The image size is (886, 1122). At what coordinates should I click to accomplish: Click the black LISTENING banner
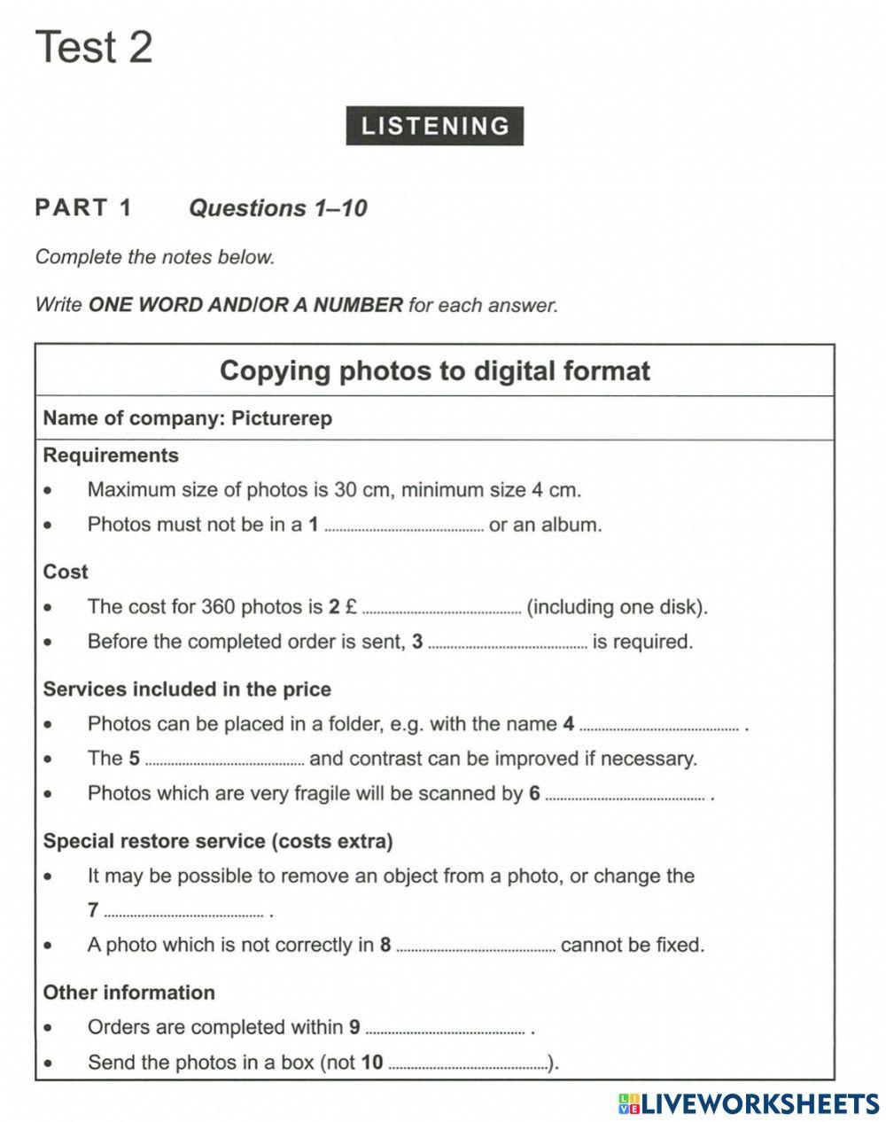tap(434, 126)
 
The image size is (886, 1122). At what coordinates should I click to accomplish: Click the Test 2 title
tap(94, 46)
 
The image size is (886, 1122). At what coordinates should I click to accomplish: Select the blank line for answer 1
tap(404, 525)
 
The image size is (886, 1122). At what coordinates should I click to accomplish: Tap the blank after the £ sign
tap(442, 607)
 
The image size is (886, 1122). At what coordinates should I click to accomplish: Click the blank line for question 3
tap(507, 642)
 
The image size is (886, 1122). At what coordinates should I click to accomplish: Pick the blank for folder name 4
tap(658, 724)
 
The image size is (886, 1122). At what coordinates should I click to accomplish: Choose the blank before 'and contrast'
tap(225, 759)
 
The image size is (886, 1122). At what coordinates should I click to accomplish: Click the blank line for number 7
tap(183, 910)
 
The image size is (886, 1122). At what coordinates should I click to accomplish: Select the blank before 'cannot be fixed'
tap(476, 945)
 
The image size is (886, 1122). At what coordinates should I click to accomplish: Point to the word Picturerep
tap(282, 418)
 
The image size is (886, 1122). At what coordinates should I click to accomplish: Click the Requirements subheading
tap(111, 456)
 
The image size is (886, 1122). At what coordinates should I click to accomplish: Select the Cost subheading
tap(66, 572)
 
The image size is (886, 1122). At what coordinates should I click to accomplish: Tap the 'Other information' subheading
tap(129, 993)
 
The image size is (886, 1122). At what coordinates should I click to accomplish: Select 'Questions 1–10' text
tap(278, 208)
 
